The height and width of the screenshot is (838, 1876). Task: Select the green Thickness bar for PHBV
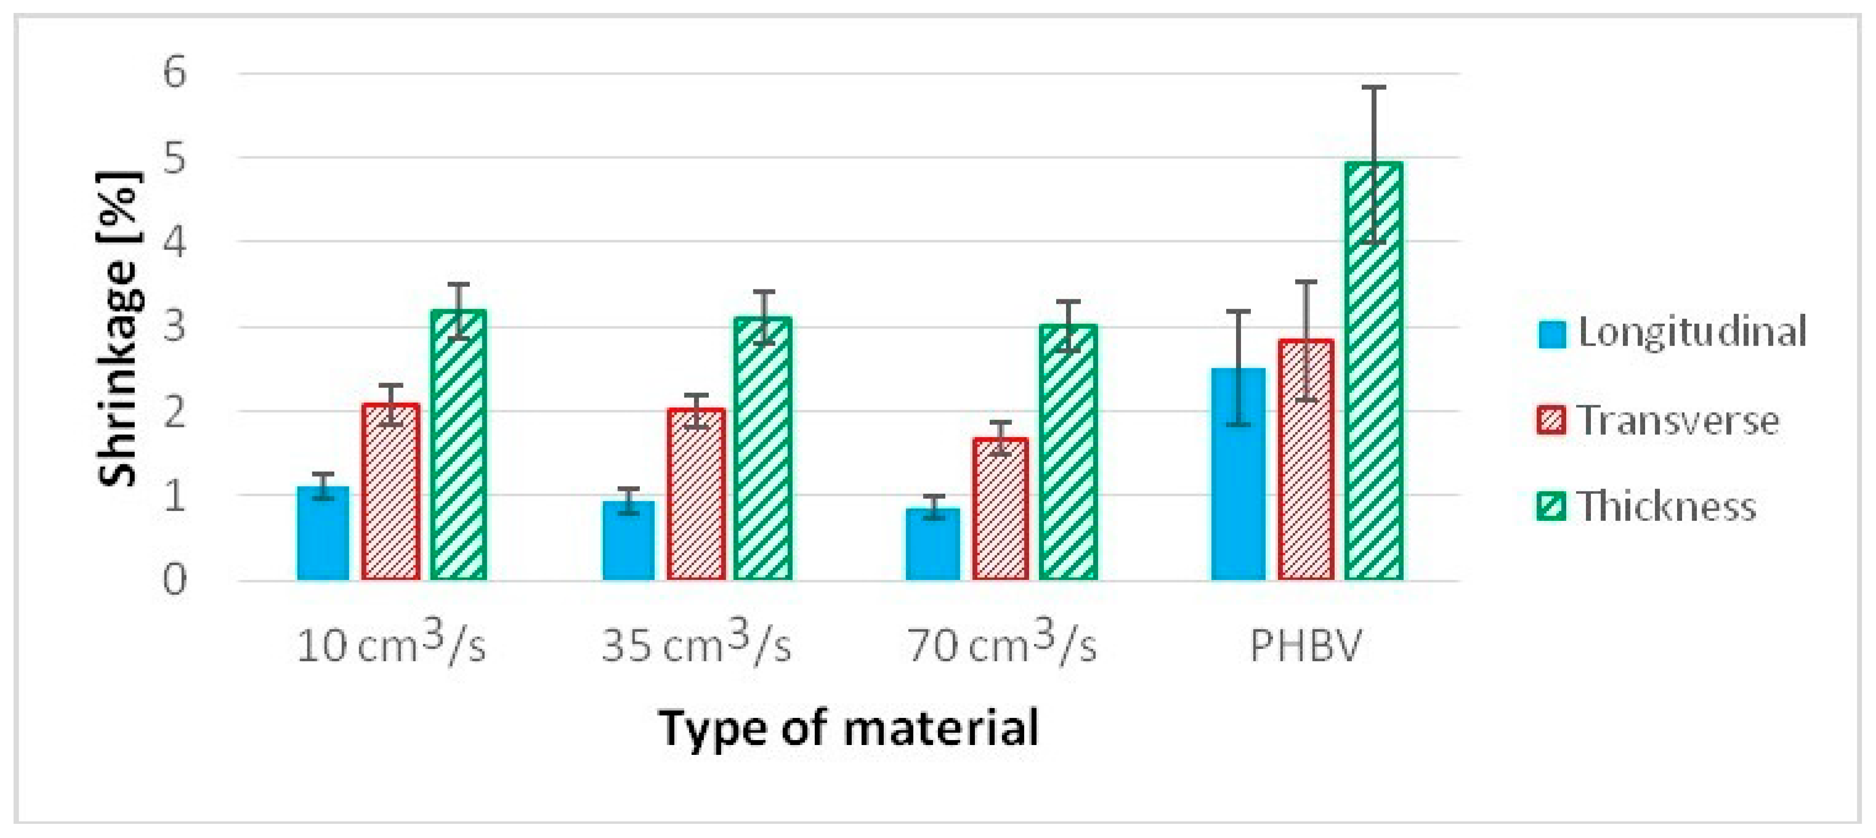click(x=1373, y=371)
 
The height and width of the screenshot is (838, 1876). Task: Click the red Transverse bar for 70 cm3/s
click(x=1001, y=509)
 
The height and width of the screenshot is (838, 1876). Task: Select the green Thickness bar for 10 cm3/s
click(x=459, y=445)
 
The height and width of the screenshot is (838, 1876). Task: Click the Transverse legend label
click(x=1679, y=421)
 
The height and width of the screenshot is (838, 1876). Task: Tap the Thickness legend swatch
click(x=1551, y=506)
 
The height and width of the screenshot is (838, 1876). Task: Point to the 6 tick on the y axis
click(x=175, y=72)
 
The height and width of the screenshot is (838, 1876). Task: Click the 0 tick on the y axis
click(x=175, y=580)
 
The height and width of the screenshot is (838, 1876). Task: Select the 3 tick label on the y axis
click(x=175, y=326)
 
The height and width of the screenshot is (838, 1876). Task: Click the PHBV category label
click(x=1305, y=645)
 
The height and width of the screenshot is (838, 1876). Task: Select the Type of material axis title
click(x=849, y=728)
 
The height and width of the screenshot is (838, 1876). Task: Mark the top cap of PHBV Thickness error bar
click(x=1373, y=87)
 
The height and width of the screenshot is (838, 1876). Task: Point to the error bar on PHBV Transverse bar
click(x=1306, y=340)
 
